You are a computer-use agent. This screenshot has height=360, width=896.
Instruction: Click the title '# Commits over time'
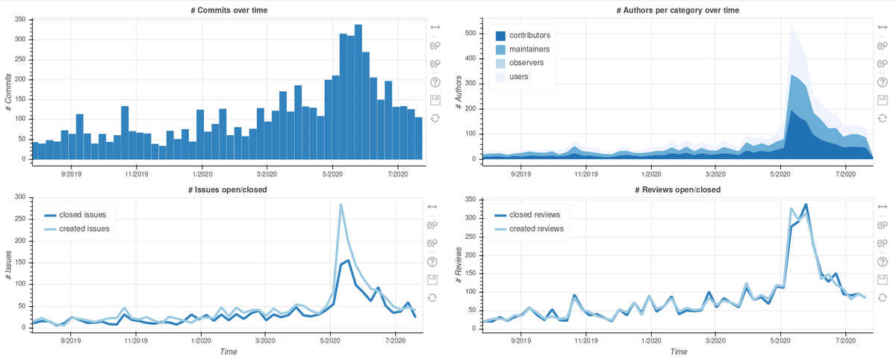pos(225,10)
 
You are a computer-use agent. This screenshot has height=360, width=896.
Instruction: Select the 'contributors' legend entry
pos(529,35)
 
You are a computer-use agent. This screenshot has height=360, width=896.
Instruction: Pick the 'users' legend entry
pos(520,76)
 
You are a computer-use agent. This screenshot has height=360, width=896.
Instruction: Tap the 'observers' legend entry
pos(526,63)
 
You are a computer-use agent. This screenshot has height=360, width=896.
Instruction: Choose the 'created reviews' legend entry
pos(536,229)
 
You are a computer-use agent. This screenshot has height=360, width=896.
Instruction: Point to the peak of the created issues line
pos(340,205)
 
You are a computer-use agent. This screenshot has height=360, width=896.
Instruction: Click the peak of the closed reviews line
pos(806,205)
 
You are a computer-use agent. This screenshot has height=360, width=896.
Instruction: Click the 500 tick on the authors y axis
pos(470,34)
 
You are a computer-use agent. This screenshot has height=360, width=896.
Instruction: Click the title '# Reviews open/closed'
pos(678,190)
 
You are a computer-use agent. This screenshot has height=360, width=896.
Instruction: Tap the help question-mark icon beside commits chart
pos(435,82)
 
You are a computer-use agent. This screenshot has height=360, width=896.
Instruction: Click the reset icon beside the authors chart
pos(882,118)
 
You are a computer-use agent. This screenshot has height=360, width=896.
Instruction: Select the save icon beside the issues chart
pos(432,279)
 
